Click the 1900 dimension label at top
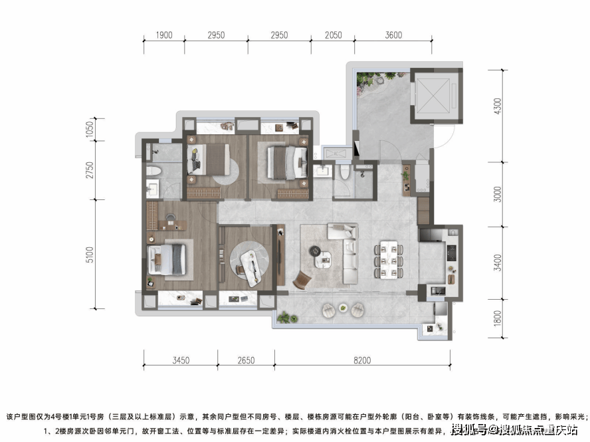[164, 35]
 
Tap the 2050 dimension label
[334, 35]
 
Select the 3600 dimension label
[393, 35]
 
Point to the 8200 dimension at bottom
[362, 360]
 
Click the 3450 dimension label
[181, 360]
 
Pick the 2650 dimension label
[246, 360]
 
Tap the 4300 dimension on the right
[498, 106]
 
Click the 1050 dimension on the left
[90, 129]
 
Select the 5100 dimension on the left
[90, 255]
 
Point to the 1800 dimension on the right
[498, 318]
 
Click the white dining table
[389, 260]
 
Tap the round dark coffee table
[314, 251]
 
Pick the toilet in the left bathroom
[153, 171]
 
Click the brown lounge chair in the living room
[303, 280]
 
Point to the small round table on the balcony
[343, 308]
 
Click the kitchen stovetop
[451, 253]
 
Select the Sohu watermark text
[514, 429]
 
